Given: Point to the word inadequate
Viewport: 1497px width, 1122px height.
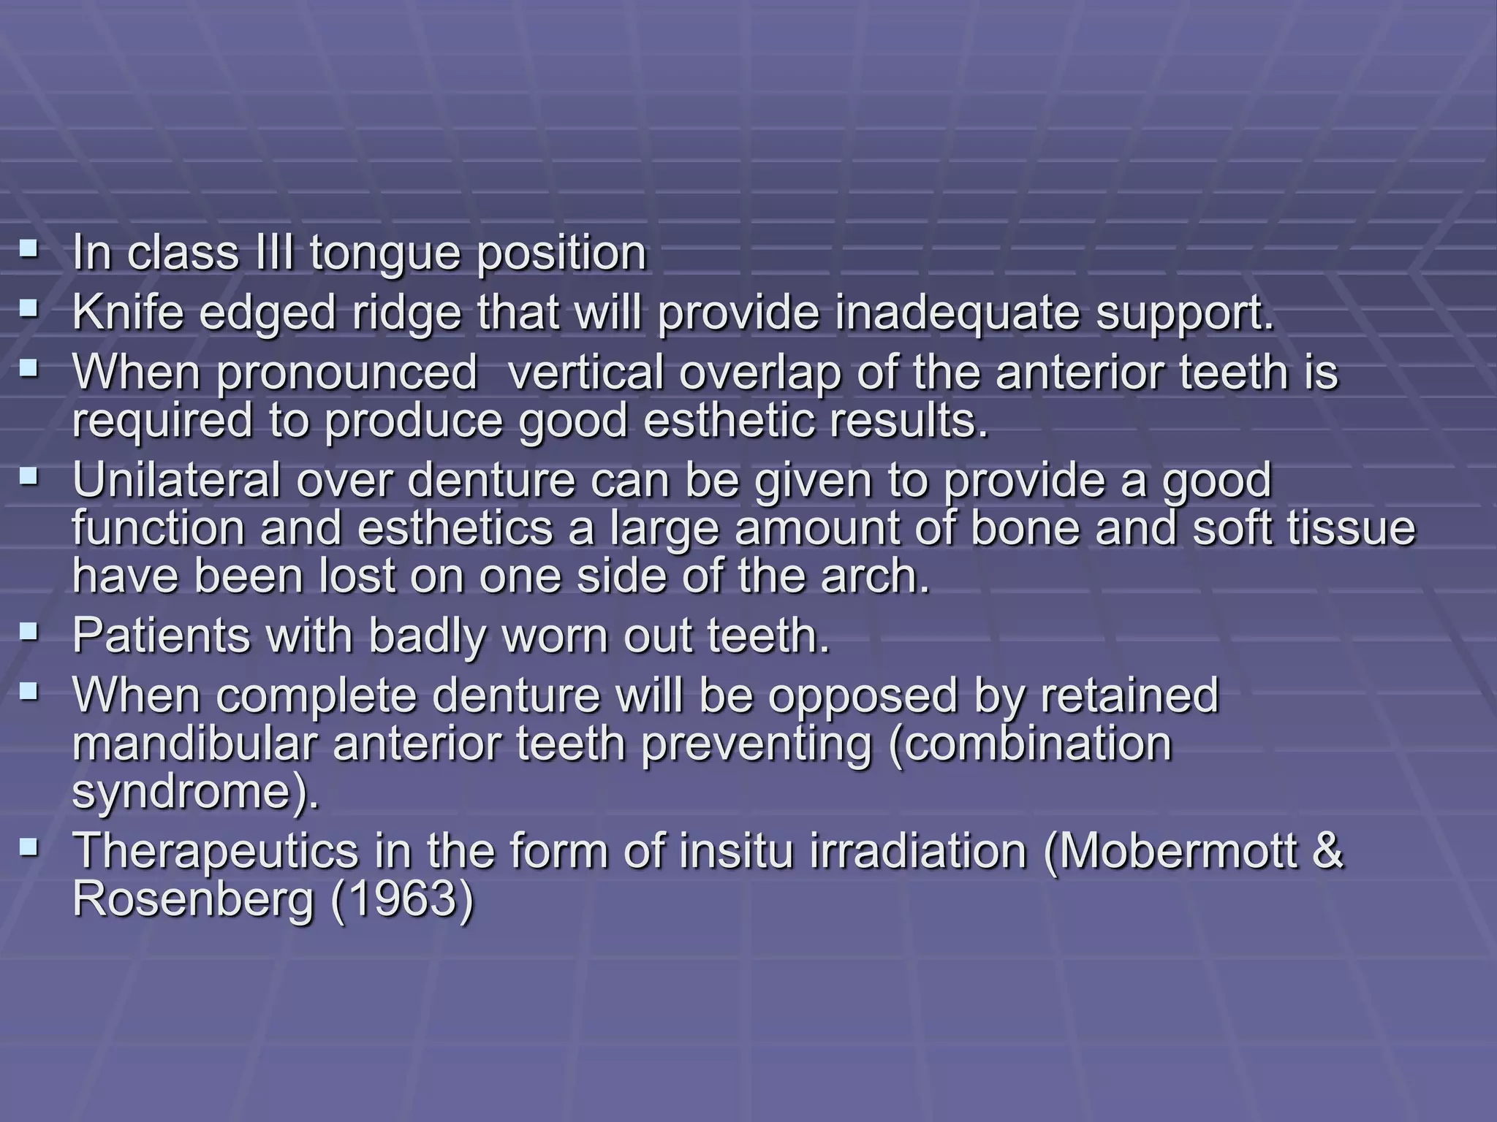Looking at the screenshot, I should click(x=957, y=314).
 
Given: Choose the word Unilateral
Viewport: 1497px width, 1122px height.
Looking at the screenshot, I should click(x=175, y=481).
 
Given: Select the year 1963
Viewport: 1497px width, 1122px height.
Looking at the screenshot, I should click(x=402, y=899).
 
